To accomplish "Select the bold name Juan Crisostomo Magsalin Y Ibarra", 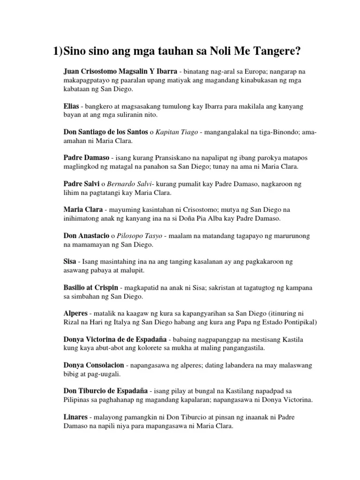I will click(120, 72).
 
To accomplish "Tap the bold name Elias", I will click(71, 107).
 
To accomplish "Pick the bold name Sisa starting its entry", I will click(70, 261).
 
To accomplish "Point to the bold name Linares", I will click(76, 417).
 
